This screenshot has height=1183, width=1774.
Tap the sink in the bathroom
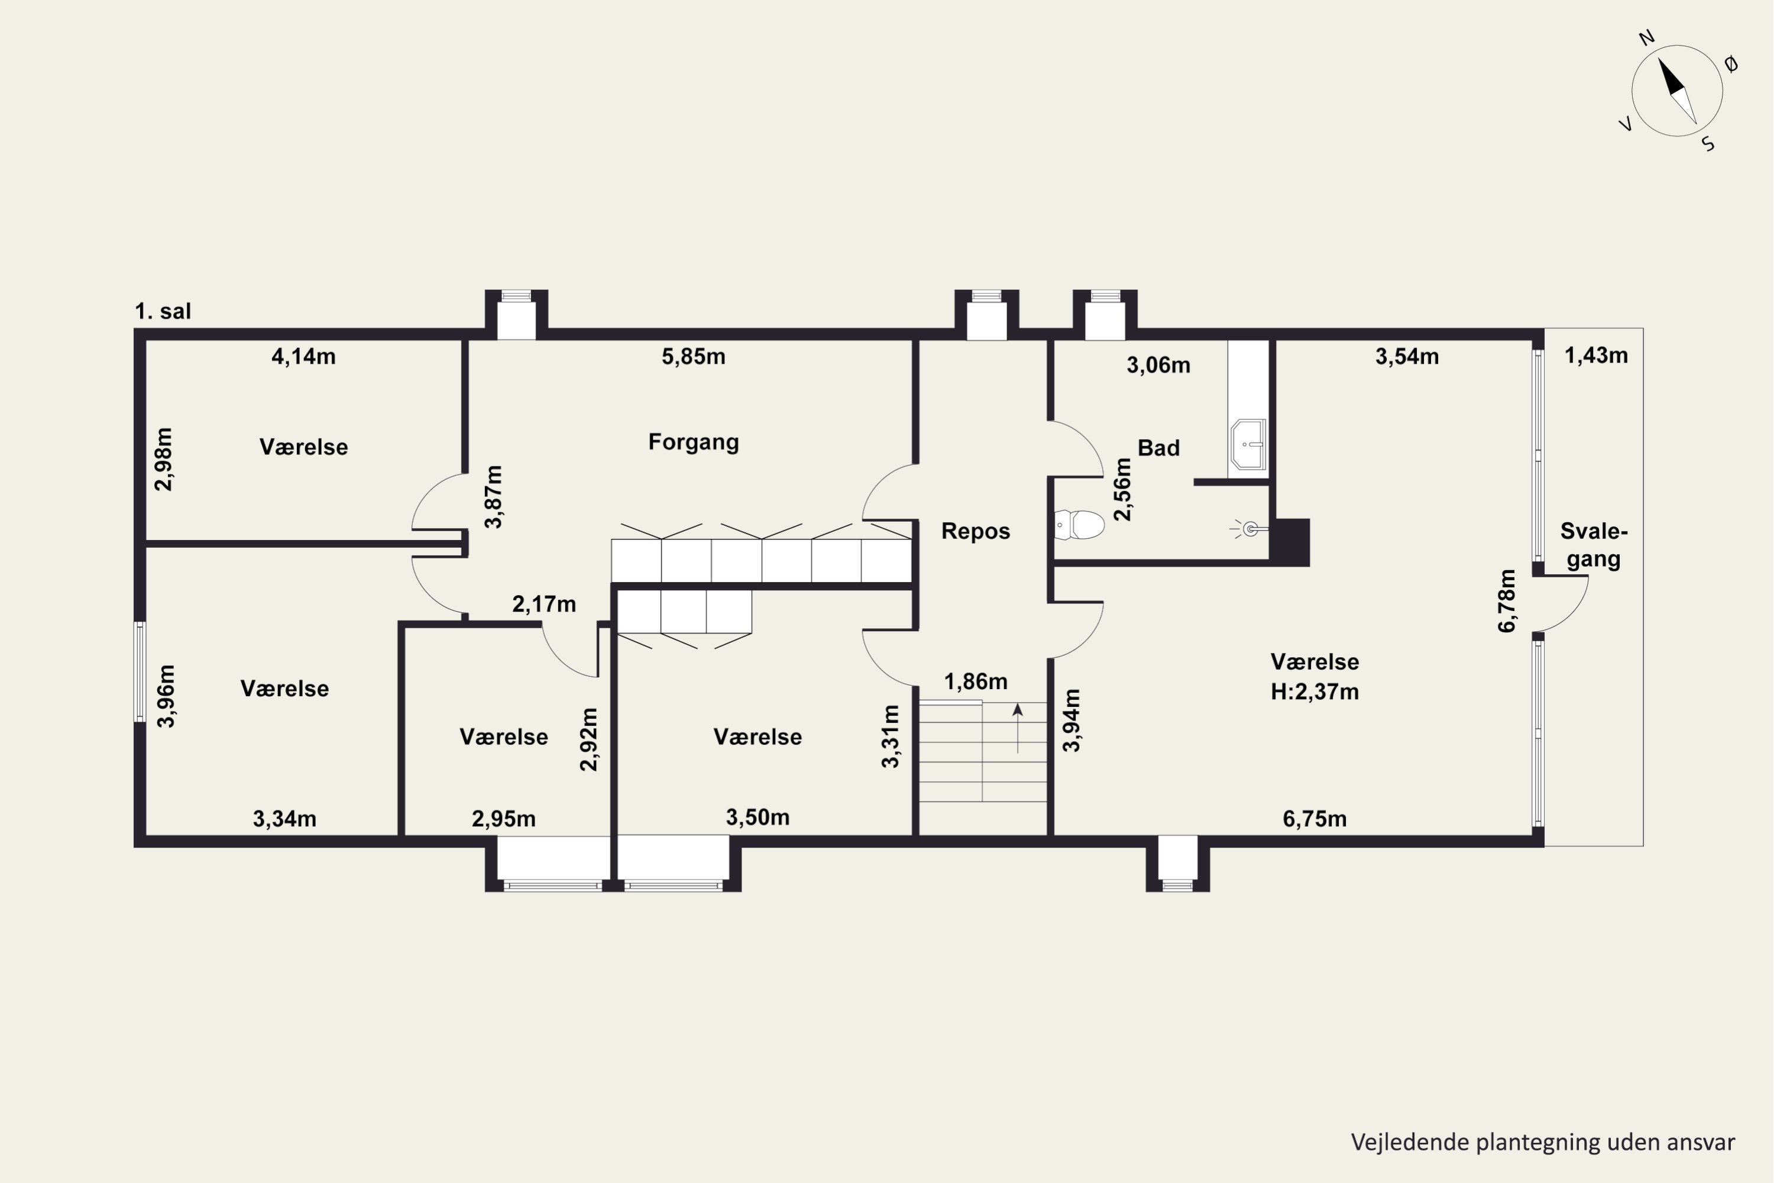tap(1248, 444)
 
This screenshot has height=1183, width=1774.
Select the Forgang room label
tap(693, 442)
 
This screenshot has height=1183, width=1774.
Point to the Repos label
tap(975, 531)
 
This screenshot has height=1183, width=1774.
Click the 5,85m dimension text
tap(693, 356)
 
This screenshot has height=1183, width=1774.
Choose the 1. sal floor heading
tap(163, 311)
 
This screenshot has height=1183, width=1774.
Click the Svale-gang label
tap(1594, 545)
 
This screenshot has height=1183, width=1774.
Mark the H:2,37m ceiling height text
tap(1315, 692)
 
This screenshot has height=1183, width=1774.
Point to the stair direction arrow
tap(1018, 728)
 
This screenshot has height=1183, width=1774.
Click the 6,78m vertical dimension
tap(1506, 600)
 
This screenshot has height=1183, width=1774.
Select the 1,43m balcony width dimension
tap(1596, 355)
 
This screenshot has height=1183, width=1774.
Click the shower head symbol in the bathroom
tap(1248, 529)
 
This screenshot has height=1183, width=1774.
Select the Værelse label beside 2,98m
tap(303, 447)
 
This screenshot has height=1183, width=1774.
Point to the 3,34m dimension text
tap(284, 819)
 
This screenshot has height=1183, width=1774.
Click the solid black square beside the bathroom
tap(1290, 542)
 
